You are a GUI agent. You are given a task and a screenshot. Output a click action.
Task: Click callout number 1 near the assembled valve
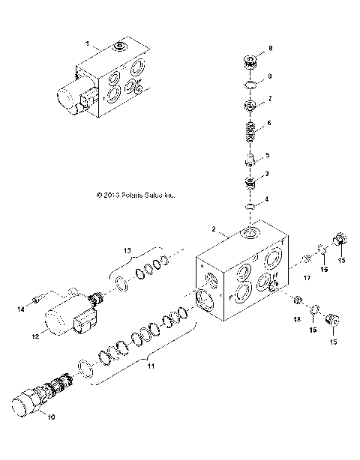point(88,45)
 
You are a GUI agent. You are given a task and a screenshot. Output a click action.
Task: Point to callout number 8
point(271,48)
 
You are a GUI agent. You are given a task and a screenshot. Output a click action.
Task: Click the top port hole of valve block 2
point(249,236)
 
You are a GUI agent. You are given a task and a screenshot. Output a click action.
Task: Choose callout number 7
point(271,99)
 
